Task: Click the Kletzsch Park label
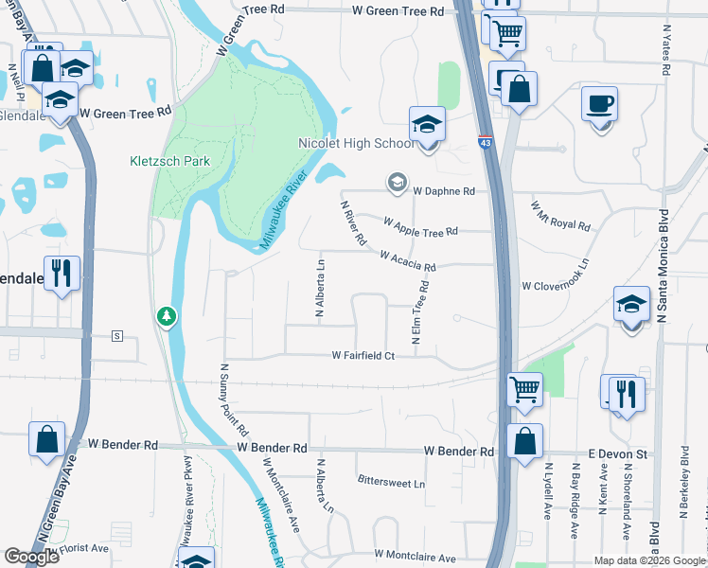pos(169,161)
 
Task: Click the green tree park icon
pos(167,315)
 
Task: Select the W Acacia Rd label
pos(407,261)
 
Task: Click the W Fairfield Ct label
pos(362,355)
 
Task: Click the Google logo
pos(32,557)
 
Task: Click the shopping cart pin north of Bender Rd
pos(525,388)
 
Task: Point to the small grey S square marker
pos(117,336)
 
